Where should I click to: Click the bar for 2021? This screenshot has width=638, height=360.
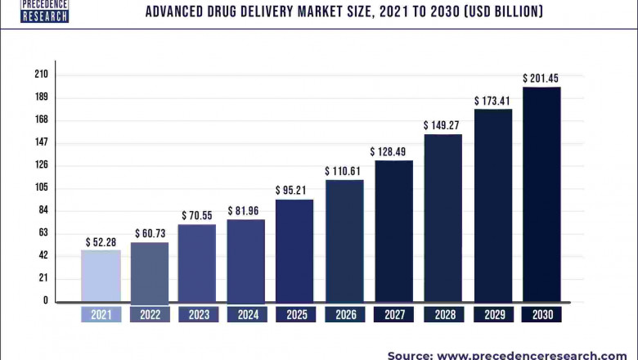[x=101, y=276]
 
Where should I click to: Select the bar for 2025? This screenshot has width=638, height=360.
[x=294, y=250]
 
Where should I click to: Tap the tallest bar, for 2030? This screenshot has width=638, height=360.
[x=541, y=194]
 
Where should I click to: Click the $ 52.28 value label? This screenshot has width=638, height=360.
[x=101, y=242]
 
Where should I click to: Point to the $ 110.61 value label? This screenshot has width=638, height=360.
[x=344, y=172]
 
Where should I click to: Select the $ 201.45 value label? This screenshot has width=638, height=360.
[x=541, y=79]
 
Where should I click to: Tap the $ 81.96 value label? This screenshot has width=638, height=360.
[x=245, y=211]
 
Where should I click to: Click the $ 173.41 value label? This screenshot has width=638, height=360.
[x=492, y=101]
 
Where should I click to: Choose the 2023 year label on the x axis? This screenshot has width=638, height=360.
[x=197, y=315]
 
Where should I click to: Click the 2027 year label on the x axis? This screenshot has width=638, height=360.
[x=393, y=315]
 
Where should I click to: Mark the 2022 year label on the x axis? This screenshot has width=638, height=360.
[x=149, y=315]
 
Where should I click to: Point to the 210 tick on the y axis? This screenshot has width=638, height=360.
[x=41, y=74]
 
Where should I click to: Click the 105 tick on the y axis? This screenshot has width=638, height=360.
[x=41, y=187]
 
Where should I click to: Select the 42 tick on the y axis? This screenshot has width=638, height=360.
[x=43, y=255]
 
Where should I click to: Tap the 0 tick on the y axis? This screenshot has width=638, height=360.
[x=46, y=300]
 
